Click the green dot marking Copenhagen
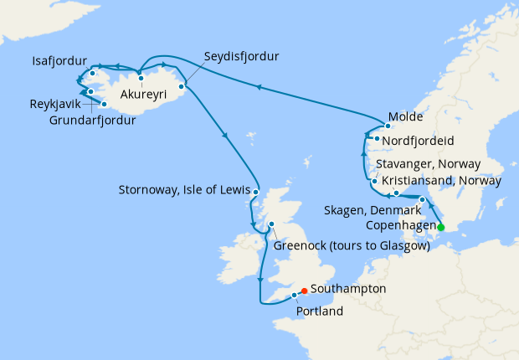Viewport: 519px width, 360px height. click(440, 226)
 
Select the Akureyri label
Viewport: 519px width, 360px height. click(146, 95)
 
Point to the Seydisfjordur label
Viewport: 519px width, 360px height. click(241, 57)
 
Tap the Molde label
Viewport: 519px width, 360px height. click(407, 117)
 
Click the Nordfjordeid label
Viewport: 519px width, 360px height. click(429, 141)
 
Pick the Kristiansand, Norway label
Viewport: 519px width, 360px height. click(441, 181)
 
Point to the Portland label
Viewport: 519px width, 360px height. click(320, 311)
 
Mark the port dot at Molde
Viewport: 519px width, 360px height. click(388, 126)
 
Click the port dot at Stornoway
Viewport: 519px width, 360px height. click(255, 193)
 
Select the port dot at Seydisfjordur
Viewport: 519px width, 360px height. click(181, 85)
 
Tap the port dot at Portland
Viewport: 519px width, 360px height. click(295, 295)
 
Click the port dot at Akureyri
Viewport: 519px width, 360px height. click(141, 79)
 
